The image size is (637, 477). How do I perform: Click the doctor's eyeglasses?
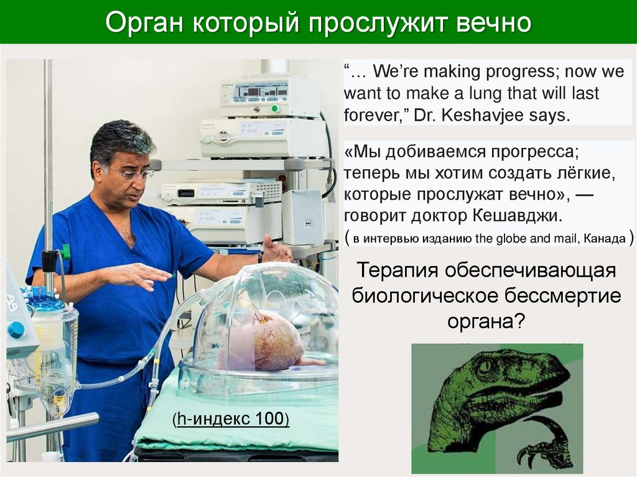pos(136,174)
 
